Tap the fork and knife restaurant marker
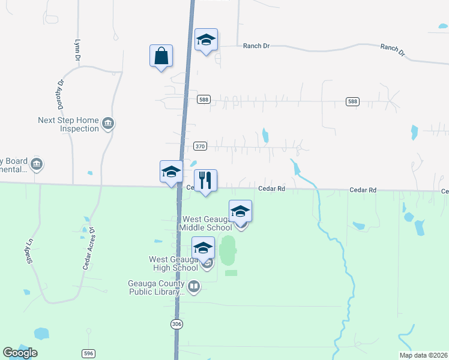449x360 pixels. click(205, 181)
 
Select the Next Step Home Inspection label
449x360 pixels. click(68, 124)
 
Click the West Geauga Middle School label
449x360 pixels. click(206, 224)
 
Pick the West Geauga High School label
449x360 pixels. click(173, 263)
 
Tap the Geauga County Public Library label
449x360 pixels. click(156, 287)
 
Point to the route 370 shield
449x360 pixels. click(200, 146)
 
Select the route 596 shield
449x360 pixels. click(89, 354)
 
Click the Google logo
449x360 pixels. click(19, 353)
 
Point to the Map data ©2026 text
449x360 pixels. click(423, 355)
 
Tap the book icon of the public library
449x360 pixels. click(194, 287)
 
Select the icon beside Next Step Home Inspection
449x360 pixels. click(108, 124)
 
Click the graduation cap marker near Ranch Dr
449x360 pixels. click(206, 40)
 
